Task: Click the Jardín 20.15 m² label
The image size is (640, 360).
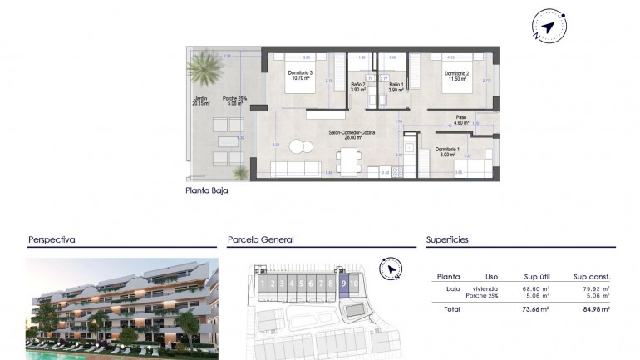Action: [200, 101]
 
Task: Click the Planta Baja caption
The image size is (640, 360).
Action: [207, 190]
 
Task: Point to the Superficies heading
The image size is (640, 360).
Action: [448, 239]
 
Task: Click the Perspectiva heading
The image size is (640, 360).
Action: [52, 239]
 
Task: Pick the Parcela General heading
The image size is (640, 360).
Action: [261, 239]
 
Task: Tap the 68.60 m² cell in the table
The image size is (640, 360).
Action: [536, 288]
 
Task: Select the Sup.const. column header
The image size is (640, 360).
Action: [592, 276]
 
